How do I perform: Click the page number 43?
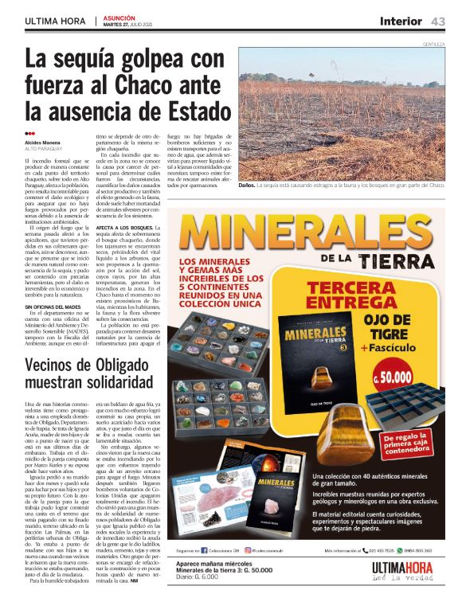pos(437,21)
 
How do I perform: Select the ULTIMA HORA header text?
pos(57,21)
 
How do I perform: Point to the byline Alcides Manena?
pos(42,142)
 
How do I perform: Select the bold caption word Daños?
pos(247,185)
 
